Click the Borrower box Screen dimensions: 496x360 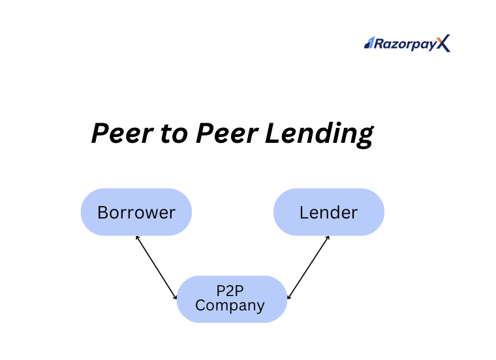pos(136,212)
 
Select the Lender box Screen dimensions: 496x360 pos(329,212)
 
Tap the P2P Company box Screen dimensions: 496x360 pos(232,299)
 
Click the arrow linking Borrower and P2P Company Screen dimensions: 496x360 pos(156,267)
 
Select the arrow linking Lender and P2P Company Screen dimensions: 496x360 pos(308,267)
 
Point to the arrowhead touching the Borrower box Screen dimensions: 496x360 pos(137,237)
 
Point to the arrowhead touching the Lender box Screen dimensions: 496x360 pos(328,237)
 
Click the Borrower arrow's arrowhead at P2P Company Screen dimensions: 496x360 pos(176,297)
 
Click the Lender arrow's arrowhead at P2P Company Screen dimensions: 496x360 pos(288,297)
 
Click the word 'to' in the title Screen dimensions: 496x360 pos(174,134)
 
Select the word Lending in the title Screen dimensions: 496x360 pos(320,134)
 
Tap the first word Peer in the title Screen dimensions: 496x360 pos(123,133)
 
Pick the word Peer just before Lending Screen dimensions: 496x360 pos(227,133)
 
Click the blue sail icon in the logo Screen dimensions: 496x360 pos(369,42)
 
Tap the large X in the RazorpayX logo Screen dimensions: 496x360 pos(444,43)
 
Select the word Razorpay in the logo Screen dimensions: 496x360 pos(405,44)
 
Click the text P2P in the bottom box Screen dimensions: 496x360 pos(230,291)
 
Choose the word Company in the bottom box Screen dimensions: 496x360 pos(230,306)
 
